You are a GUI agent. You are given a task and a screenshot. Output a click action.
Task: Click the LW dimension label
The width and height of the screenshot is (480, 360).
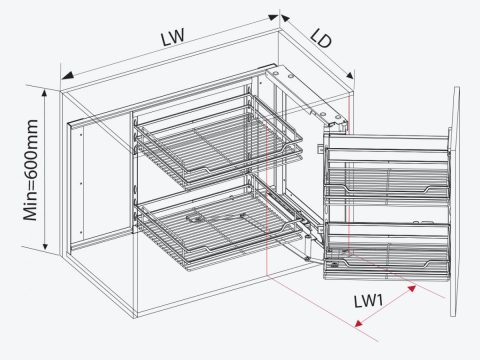173,36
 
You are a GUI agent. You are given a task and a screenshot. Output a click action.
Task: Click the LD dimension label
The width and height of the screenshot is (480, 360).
321,38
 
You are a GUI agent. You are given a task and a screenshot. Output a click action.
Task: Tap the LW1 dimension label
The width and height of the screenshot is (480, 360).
368,301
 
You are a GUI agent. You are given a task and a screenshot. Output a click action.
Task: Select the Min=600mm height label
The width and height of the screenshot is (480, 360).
31,170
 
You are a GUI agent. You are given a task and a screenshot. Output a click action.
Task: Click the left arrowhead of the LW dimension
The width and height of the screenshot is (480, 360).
67,76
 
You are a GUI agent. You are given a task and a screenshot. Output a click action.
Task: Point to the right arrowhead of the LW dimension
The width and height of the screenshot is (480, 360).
273,17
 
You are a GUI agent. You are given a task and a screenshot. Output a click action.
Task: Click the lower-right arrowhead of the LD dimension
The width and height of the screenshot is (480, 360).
349,75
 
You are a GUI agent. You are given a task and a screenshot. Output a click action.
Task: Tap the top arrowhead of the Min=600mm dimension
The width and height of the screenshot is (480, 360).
45,93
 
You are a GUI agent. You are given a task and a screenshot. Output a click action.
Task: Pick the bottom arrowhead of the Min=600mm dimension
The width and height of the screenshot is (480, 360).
45,246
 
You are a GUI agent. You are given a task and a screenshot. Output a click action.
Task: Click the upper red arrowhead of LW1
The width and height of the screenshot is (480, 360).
412,288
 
